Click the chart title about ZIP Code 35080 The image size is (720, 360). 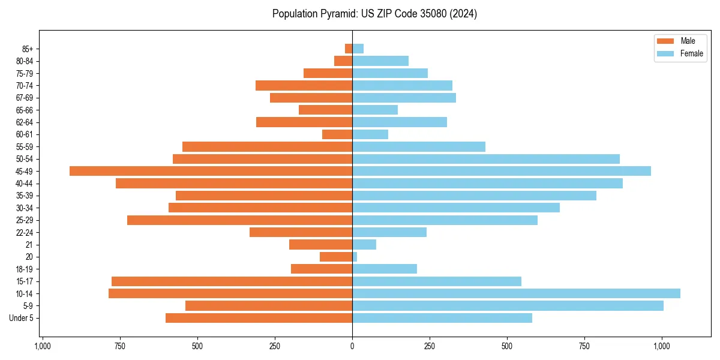point(374,14)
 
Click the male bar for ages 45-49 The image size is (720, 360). point(211,171)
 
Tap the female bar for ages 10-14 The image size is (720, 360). point(516,293)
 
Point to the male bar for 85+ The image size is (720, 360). point(349,49)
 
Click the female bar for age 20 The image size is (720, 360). point(355,257)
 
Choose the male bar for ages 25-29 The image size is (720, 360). point(239,220)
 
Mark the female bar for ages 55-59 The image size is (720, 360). point(419,146)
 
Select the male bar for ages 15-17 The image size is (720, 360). point(232,281)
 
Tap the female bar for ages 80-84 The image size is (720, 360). point(380,61)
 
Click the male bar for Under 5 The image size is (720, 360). point(259,318)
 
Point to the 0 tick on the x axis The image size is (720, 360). point(352,346)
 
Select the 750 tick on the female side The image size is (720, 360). point(584,346)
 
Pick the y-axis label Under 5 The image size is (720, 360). point(21,318)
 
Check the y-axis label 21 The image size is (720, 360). point(29,245)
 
